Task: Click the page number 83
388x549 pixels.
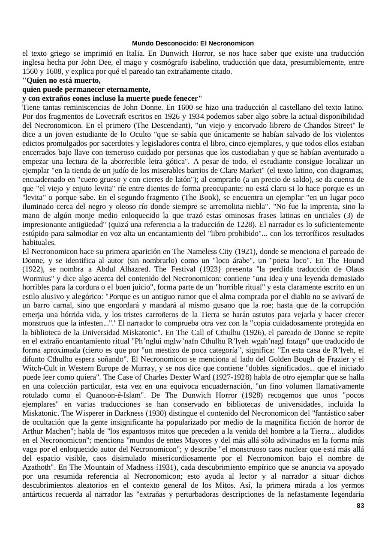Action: pyautogui.click(x=360, y=506)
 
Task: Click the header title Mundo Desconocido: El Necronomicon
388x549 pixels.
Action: pyautogui.click(x=193, y=43)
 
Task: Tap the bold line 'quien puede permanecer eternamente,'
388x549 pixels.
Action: pyautogui.click(x=86, y=90)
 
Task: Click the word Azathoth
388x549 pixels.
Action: pyautogui.click(x=38, y=467)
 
